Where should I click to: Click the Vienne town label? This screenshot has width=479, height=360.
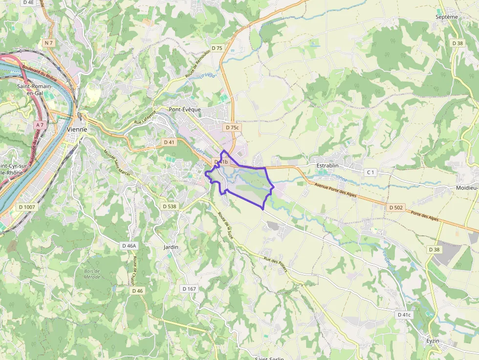click(77, 129)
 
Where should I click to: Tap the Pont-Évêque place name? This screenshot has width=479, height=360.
click(185, 109)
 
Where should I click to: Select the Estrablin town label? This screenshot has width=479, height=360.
click(327, 166)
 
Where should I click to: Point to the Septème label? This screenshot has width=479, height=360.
click(447, 17)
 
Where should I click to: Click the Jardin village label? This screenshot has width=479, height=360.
click(171, 247)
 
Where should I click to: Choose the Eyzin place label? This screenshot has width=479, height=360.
click(433, 340)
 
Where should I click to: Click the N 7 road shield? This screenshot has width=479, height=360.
click(48, 43)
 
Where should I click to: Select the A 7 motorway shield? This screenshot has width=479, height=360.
click(40, 125)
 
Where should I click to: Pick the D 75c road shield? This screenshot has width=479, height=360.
click(232, 127)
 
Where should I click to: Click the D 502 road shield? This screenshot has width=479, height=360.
click(396, 208)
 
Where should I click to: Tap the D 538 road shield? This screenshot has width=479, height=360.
click(169, 206)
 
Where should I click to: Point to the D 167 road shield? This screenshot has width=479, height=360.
click(189, 289)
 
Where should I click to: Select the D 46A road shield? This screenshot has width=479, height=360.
click(129, 245)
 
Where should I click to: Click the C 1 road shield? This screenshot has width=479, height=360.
click(371, 172)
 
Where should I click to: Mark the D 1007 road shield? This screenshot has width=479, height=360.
click(27, 207)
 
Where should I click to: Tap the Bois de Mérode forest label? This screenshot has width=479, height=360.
click(92, 274)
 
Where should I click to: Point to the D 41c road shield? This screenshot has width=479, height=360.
click(405, 315)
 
